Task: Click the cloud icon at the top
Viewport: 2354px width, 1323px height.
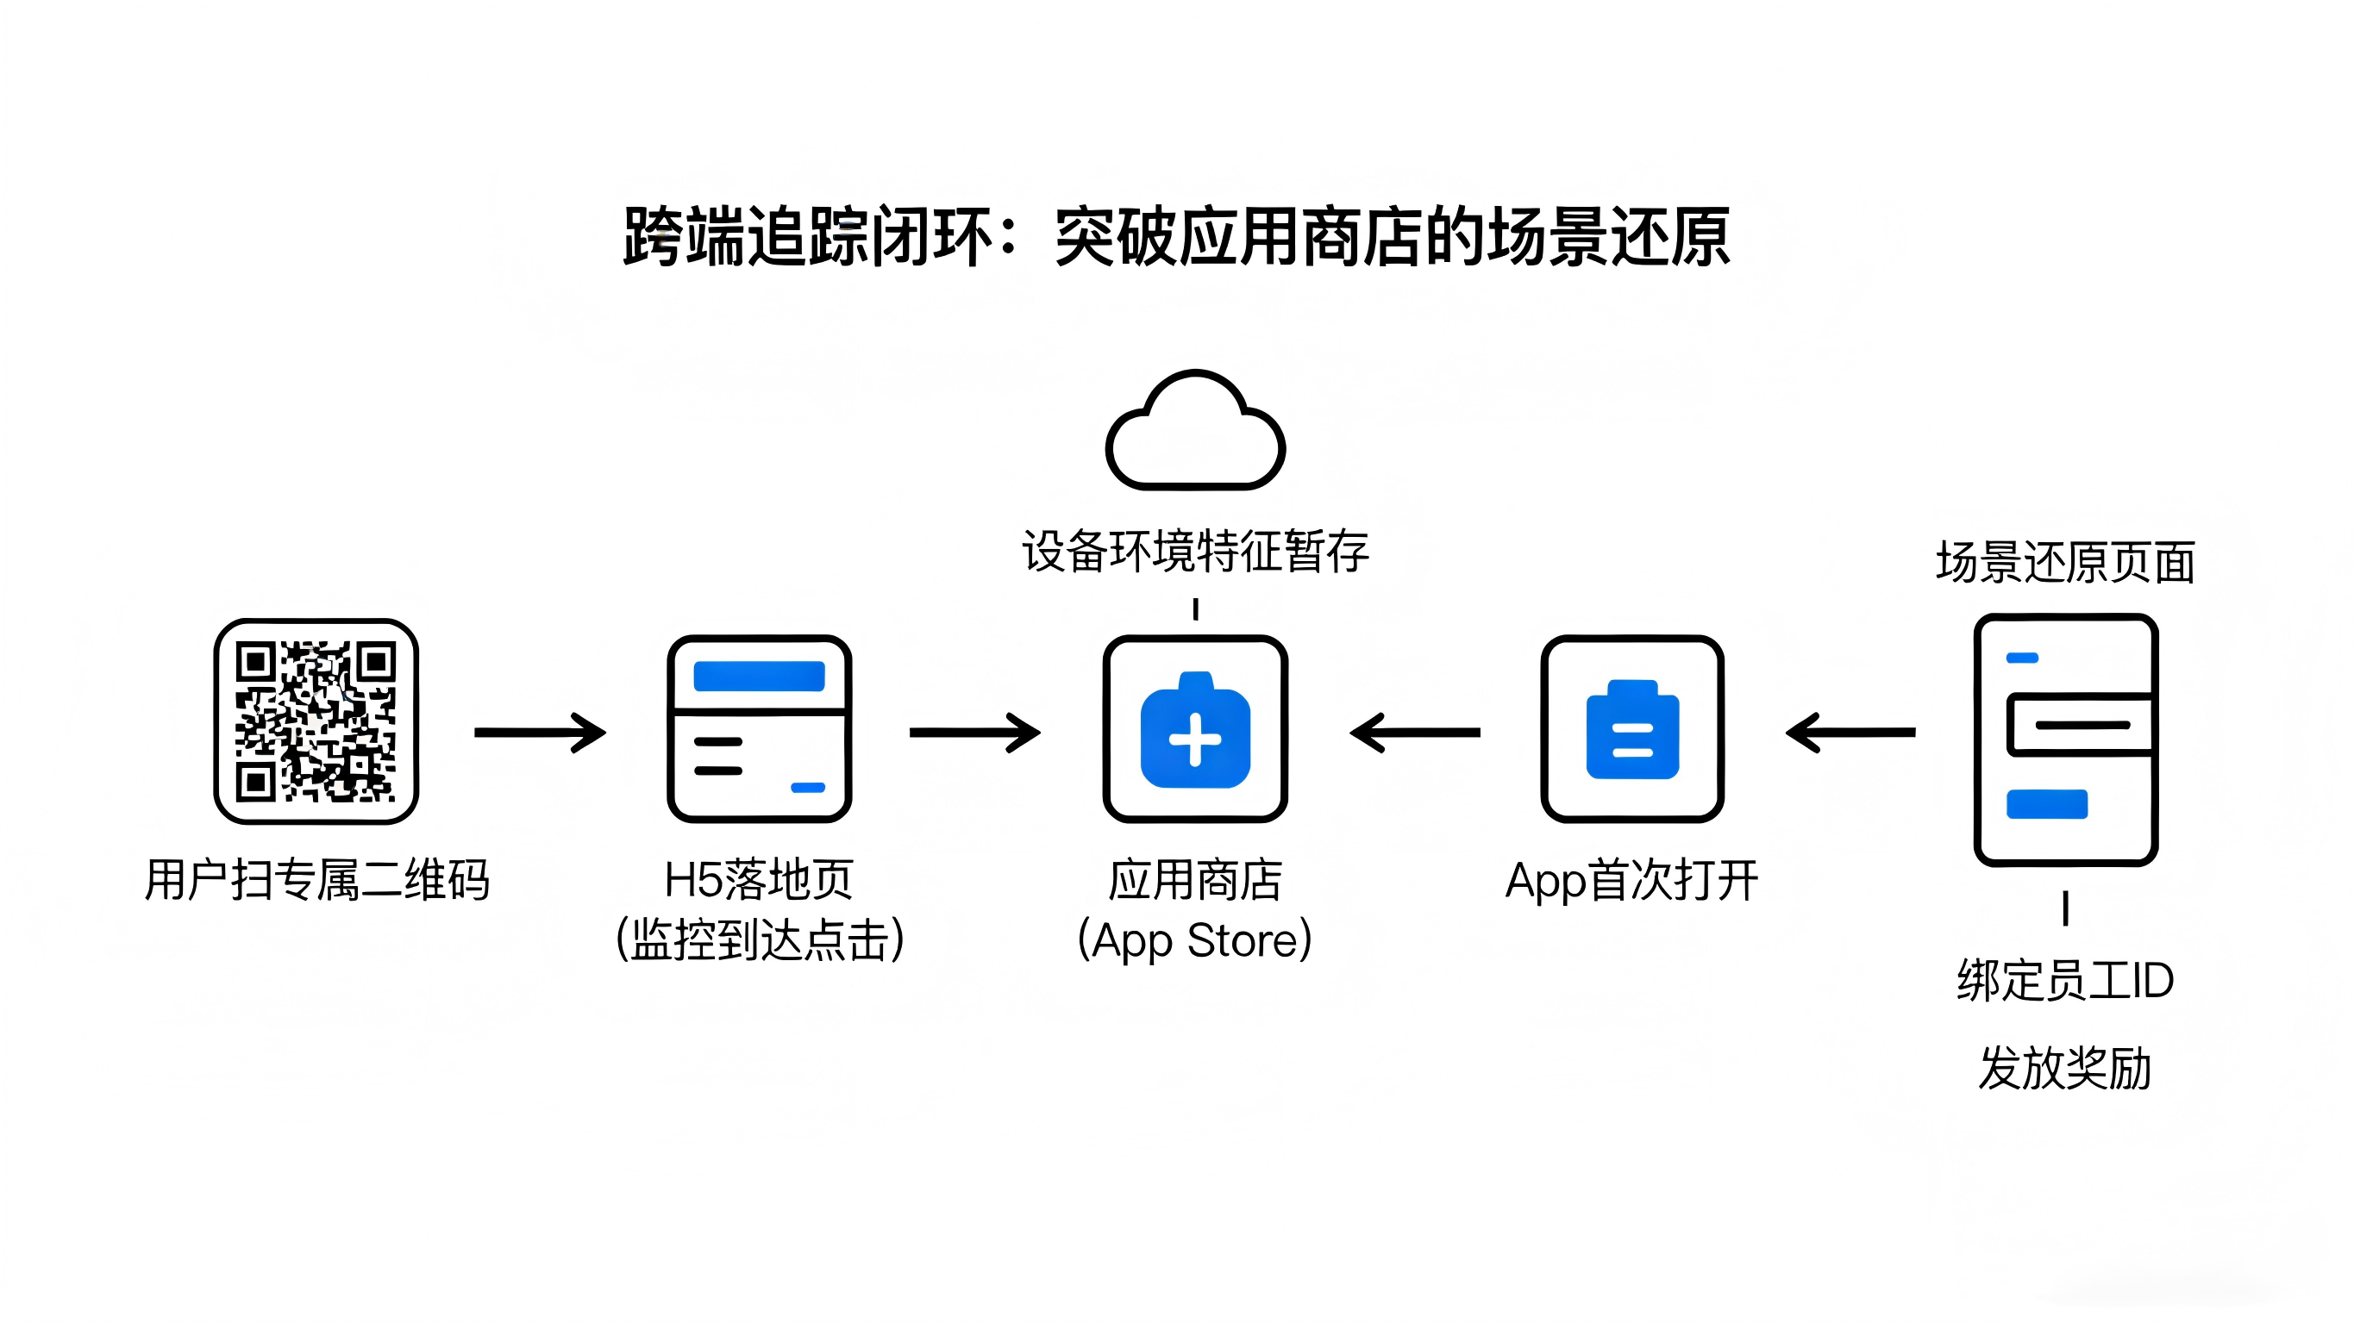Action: point(1195,431)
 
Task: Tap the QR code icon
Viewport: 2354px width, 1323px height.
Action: point(316,721)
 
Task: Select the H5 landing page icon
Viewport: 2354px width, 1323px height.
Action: point(760,729)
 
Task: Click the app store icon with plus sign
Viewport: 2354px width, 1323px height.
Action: point(1195,729)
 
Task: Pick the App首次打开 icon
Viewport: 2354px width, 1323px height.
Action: point(1632,729)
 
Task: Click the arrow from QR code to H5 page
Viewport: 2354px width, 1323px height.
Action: point(539,732)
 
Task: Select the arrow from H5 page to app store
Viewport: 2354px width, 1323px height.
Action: point(974,732)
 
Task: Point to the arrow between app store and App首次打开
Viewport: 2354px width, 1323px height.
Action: point(1415,732)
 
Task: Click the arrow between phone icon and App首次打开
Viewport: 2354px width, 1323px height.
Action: point(1850,732)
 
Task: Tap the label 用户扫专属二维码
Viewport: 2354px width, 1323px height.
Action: point(316,880)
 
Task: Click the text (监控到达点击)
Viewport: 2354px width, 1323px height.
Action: point(760,939)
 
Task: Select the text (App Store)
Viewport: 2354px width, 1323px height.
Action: point(1195,939)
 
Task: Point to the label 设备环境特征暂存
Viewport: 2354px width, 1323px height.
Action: point(1195,551)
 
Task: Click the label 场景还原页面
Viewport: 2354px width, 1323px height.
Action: point(2065,562)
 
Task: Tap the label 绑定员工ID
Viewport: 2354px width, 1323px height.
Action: point(2065,980)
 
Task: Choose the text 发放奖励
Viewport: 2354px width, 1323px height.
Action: point(2065,1067)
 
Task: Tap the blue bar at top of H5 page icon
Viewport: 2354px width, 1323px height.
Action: point(760,676)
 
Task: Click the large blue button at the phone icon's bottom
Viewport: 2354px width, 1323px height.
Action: point(2047,804)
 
